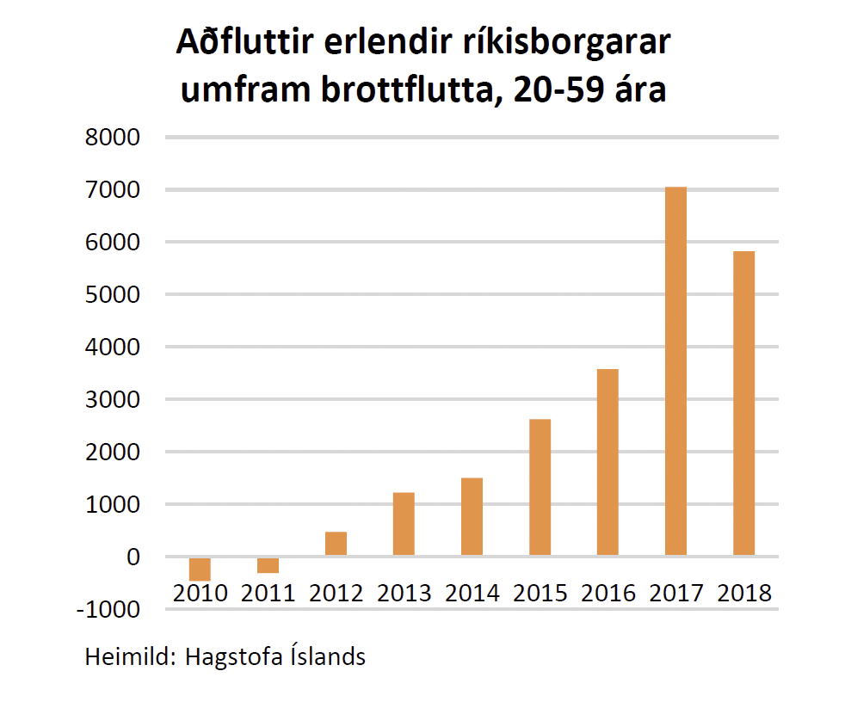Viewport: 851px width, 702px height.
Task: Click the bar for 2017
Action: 675,371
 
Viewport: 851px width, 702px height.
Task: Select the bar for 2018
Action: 743,403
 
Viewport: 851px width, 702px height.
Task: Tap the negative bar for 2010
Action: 200,569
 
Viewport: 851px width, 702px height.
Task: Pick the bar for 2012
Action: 336,544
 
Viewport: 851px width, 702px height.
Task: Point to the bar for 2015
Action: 540,487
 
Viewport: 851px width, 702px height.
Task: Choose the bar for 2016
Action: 607,462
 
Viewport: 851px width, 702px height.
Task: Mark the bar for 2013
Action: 404,524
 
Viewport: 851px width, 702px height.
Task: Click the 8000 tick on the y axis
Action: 113,137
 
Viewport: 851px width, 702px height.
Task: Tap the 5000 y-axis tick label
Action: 113,294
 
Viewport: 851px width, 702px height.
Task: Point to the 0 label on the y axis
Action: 133,557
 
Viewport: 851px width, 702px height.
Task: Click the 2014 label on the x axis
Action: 472,593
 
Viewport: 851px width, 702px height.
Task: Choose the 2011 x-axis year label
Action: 268,593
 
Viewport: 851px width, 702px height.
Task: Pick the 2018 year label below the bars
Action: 744,593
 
